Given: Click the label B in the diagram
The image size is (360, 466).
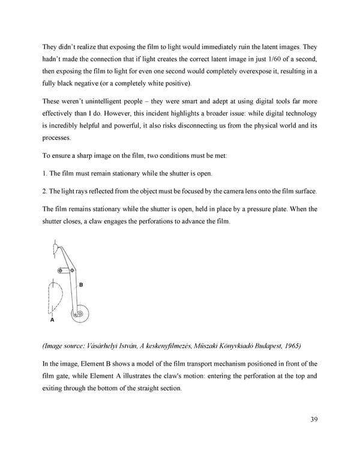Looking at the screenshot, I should [x=81, y=285].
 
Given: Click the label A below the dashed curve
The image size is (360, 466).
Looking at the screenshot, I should [x=52, y=321].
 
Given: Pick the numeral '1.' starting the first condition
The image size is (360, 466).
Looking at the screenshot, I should [x=45, y=174].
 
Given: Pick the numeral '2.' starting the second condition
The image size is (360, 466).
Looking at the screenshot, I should [x=45, y=192].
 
